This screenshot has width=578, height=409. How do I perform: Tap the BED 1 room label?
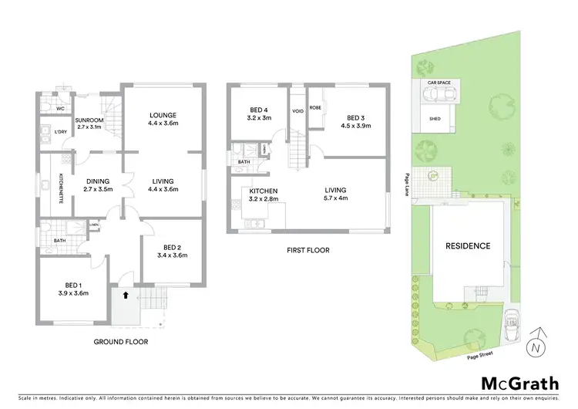pyautogui.click(x=74, y=284)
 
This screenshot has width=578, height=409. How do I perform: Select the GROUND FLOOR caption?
pyautogui.click(x=121, y=341)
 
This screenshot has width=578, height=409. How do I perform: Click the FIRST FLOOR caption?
pyautogui.click(x=307, y=250)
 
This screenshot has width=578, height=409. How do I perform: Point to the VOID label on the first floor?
pyautogui.click(x=298, y=111)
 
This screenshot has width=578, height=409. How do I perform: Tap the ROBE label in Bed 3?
pyautogui.click(x=315, y=108)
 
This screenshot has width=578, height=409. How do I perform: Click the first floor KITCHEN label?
pyautogui.click(x=264, y=191)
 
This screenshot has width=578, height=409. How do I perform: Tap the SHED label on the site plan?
pyautogui.click(x=435, y=118)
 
